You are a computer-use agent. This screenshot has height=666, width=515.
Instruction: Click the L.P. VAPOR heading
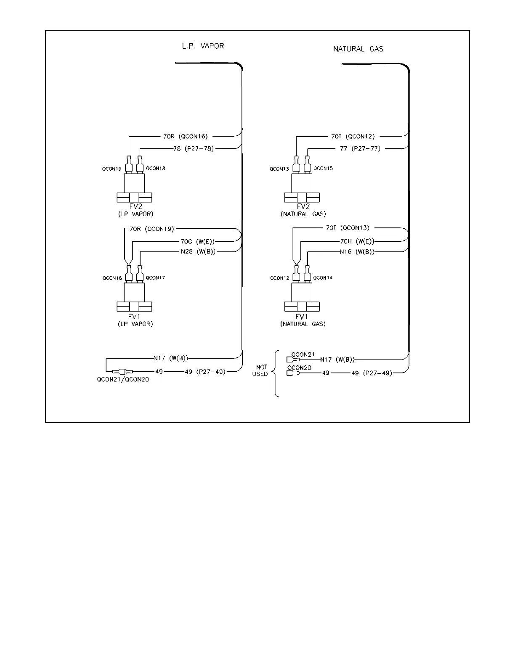(203, 46)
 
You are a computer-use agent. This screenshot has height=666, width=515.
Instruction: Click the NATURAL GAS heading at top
(358, 49)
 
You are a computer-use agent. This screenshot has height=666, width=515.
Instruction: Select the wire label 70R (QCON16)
(185, 136)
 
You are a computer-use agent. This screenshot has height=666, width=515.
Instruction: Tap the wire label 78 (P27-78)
(194, 148)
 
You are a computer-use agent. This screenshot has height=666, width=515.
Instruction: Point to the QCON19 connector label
(112, 169)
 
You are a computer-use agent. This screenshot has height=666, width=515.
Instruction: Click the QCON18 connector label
(155, 169)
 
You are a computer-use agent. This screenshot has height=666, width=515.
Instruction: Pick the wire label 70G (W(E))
(197, 241)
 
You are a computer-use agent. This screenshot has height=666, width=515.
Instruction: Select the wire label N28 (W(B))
(197, 251)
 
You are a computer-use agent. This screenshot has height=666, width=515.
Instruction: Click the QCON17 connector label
(155, 278)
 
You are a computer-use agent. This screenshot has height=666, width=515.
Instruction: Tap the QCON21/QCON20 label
(123, 379)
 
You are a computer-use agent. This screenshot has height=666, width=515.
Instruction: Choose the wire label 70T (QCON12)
(353, 136)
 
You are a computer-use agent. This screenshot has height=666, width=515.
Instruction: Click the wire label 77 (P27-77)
(360, 148)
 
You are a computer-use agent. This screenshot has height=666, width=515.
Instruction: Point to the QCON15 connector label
(323, 169)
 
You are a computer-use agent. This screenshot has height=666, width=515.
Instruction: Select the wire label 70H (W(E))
(357, 241)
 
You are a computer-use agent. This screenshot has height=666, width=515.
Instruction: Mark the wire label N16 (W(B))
(357, 251)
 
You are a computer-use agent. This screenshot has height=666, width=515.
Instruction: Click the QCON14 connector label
(323, 278)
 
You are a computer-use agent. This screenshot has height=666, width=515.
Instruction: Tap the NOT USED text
(261, 370)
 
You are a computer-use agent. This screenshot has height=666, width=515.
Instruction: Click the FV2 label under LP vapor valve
(135, 207)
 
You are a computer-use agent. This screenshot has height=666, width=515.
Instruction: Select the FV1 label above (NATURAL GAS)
(303, 317)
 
